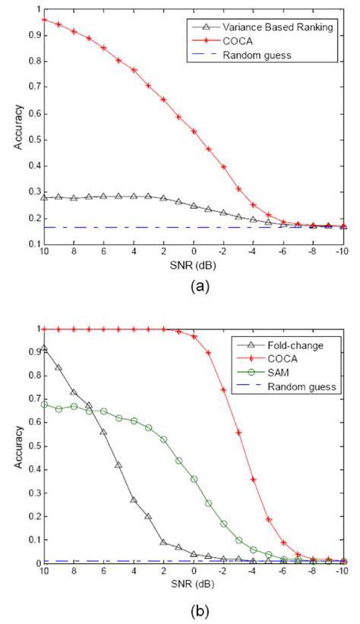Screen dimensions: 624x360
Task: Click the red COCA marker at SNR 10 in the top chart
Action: pos(44,19)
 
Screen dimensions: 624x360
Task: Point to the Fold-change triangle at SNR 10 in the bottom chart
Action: pos(44,348)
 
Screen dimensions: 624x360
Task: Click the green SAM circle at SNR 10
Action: pos(44,405)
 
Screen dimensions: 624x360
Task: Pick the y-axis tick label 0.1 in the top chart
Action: pos(31,244)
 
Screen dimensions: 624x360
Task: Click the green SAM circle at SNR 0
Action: pos(194,479)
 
